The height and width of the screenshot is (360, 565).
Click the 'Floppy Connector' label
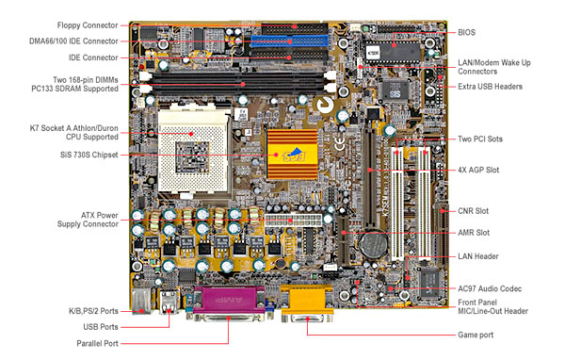tap(87, 25)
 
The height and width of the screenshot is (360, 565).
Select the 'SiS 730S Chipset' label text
tap(87, 155)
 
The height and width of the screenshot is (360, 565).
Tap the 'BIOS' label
tap(468, 32)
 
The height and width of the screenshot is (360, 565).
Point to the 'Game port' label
tap(476, 335)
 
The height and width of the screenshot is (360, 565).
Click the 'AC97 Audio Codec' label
tap(492, 287)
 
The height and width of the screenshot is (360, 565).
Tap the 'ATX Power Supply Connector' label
tap(87, 221)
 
